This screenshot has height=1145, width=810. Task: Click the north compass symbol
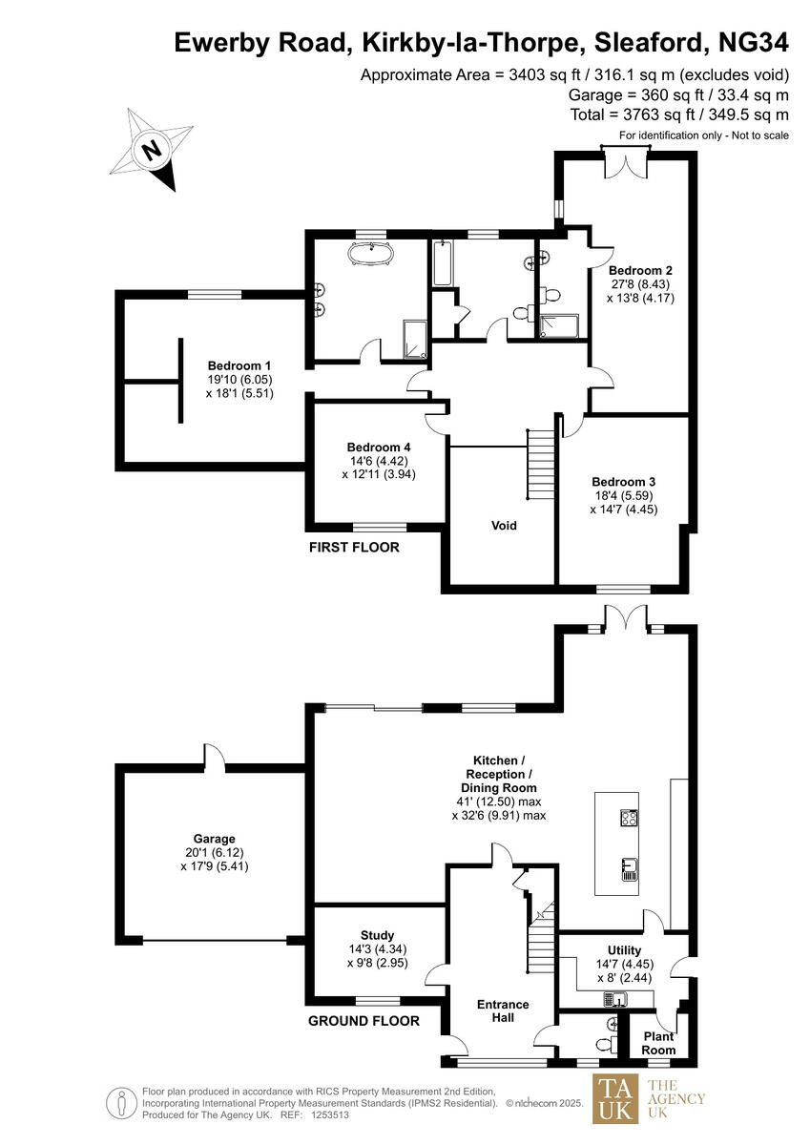(152, 150)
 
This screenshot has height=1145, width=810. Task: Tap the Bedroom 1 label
(239, 365)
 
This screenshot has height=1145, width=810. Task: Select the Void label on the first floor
(504, 526)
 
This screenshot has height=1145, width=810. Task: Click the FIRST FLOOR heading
(354, 548)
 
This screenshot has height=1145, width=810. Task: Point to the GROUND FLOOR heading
(363, 1021)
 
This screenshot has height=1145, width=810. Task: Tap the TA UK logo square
(617, 1099)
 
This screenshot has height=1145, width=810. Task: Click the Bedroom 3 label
(623, 482)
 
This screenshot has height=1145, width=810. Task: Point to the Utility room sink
(613, 999)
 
